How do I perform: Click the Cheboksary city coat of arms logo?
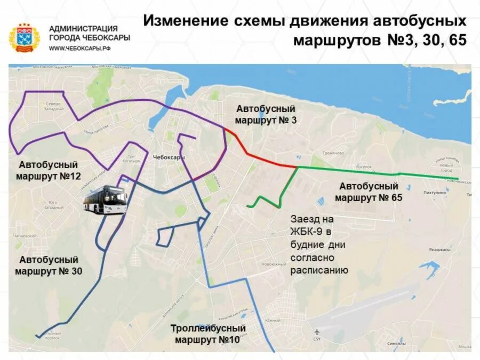(x=24, y=38)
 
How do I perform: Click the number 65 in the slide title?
(x=457, y=41)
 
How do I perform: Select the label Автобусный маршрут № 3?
(x=266, y=115)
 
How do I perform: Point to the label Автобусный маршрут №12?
(x=48, y=170)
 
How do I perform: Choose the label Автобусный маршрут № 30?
(x=49, y=266)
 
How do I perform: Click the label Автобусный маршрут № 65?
(x=369, y=192)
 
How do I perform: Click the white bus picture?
(x=105, y=199)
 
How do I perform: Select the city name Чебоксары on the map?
(x=169, y=158)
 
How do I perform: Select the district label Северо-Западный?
(x=54, y=106)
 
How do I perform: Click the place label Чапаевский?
(x=25, y=236)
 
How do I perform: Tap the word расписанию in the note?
(x=319, y=270)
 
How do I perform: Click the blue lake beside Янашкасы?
(x=426, y=265)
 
